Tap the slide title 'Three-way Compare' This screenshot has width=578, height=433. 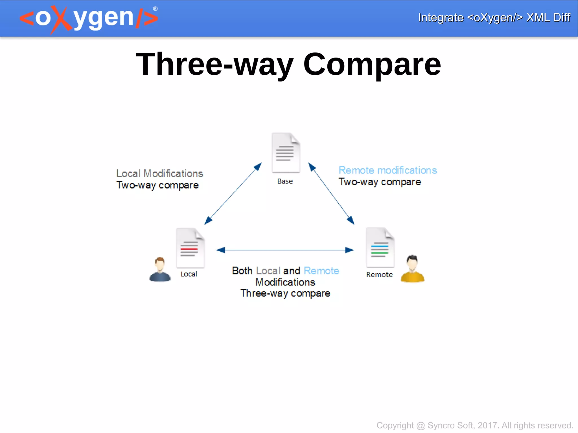(x=288, y=64)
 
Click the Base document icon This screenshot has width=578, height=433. (x=286, y=153)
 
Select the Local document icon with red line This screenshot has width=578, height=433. (x=190, y=248)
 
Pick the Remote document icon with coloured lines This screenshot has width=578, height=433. (x=380, y=247)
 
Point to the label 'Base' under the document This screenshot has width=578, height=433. (x=285, y=181)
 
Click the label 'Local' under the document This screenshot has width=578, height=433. (x=189, y=274)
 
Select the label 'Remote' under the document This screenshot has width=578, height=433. (x=379, y=275)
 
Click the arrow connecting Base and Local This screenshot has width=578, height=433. (x=233, y=194)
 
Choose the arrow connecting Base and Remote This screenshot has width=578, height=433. (x=331, y=194)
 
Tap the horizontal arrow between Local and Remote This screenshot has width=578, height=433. (x=285, y=250)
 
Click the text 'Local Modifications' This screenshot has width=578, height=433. (x=159, y=173)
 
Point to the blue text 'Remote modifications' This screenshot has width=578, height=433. (x=387, y=170)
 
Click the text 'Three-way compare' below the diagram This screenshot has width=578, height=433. (x=285, y=293)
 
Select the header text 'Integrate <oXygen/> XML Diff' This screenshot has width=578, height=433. (x=494, y=17)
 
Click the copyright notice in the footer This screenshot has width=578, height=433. (x=475, y=425)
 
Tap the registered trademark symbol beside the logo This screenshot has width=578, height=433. (x=155, y=9)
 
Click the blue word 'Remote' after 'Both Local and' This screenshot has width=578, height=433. (x=321, y=271)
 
